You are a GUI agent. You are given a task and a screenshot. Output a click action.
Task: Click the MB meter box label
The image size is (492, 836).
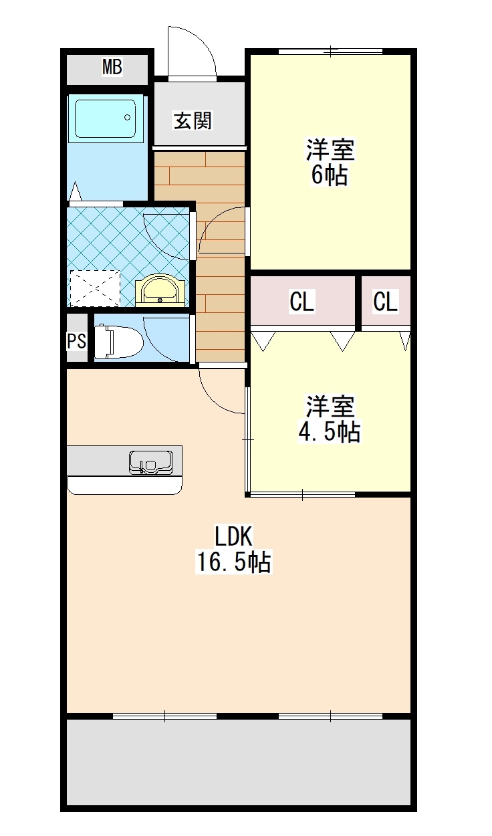[112, 67]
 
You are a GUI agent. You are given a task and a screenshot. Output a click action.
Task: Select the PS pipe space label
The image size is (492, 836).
[77, 340]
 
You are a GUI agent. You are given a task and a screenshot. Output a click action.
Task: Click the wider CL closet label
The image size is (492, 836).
[302, 302]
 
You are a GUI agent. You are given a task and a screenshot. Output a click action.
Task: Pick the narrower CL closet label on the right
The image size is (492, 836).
[386, 302]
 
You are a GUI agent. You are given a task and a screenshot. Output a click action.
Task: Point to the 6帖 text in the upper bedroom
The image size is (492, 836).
[329, 175]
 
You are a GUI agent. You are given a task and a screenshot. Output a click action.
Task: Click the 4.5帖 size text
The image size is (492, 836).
[329, 432]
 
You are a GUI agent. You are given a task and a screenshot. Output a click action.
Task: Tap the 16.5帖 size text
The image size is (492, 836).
[233, 562]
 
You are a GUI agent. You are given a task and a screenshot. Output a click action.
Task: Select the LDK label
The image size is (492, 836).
[233, 536]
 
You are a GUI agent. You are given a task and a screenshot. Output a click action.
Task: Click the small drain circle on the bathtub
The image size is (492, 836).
[127, 118]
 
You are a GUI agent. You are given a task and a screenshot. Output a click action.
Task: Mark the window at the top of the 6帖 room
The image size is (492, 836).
[330, 50]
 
